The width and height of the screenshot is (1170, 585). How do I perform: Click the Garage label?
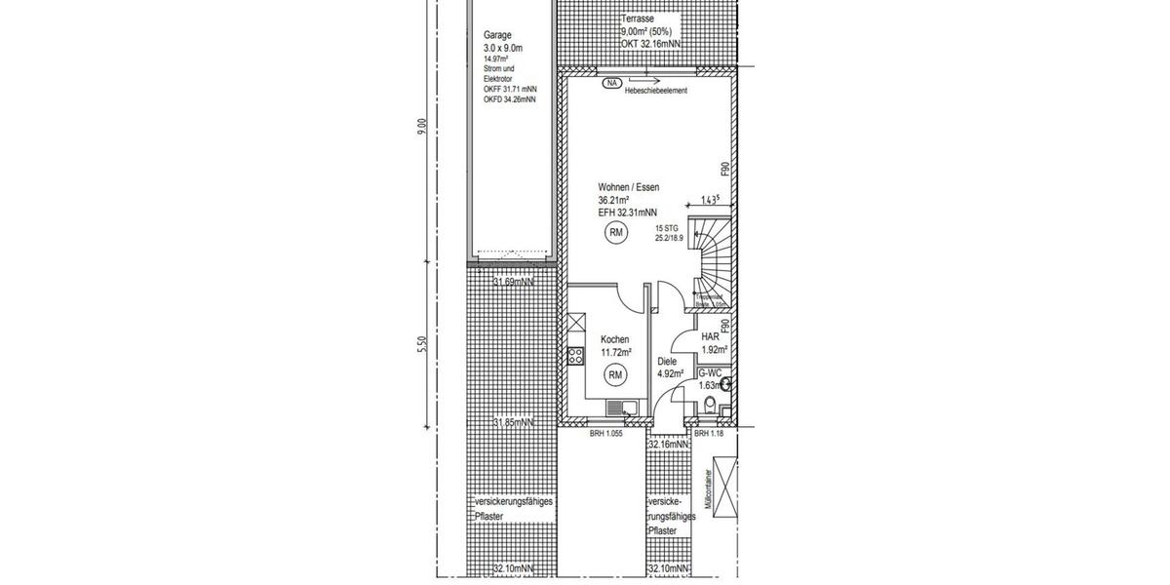497,34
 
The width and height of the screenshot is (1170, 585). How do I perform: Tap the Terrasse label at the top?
638,19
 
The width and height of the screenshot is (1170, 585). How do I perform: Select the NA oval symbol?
612,83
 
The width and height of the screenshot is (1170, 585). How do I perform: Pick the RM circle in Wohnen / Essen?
615,232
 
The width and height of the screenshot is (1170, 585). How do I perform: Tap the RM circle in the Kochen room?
615,374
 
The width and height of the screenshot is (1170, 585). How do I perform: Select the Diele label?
667,361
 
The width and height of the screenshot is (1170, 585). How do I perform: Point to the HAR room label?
710,335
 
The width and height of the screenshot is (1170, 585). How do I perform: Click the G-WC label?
709,373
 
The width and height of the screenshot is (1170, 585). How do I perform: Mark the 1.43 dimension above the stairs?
711,201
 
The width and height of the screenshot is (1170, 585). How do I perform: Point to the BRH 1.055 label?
605,434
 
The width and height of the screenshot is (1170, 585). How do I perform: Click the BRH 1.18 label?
711,434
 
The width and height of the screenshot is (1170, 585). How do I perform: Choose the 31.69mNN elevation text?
513,283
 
